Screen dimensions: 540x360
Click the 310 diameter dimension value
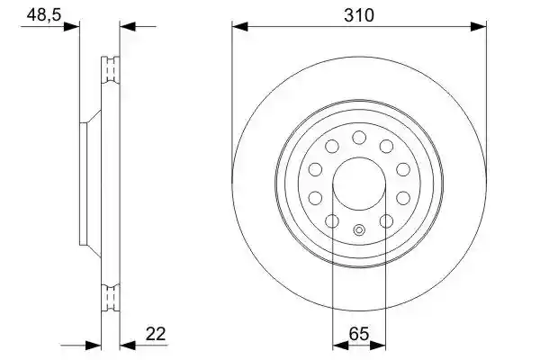358,15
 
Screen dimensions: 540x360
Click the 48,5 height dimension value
44,14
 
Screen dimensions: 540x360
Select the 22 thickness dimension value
156,334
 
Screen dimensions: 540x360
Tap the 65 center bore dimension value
359,334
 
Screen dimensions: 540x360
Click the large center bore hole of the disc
359,184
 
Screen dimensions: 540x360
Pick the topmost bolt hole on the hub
359,138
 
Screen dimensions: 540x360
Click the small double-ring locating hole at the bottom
359,229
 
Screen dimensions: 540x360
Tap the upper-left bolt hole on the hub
332,147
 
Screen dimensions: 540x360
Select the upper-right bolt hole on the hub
386,147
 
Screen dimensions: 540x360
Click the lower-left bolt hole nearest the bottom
332,220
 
